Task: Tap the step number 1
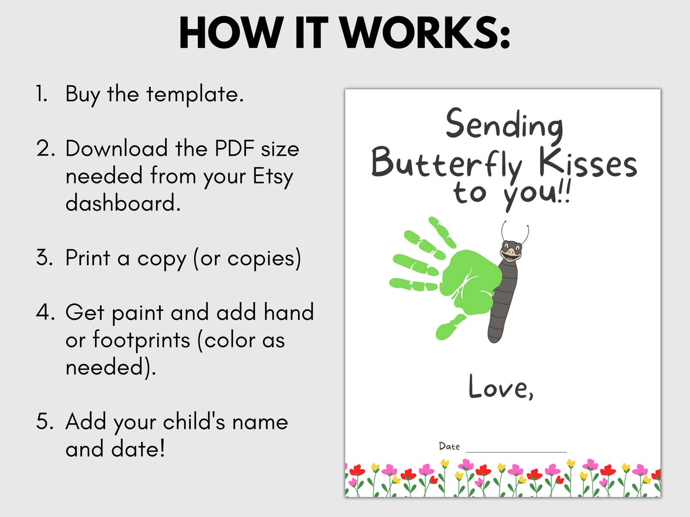42,94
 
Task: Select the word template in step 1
195,94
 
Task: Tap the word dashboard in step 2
123,203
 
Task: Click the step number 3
43,258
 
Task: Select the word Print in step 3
88,258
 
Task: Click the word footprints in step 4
141,340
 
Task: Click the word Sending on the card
504,125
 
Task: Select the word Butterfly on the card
447,164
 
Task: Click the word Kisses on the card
587,164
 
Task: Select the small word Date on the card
449,446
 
